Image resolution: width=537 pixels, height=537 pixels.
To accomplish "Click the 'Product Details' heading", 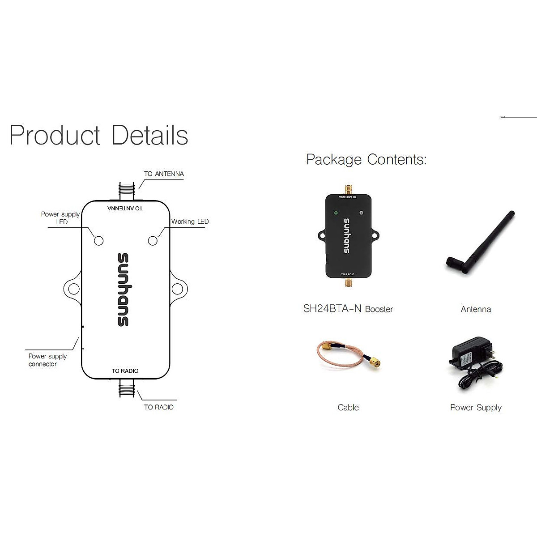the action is click(x=98, y=135).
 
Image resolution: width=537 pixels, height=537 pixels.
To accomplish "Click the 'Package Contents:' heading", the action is click(x=366, y=159).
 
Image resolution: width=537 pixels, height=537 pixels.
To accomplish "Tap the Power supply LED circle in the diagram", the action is click(x=98, y=241).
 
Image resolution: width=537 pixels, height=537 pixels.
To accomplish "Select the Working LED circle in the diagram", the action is click(x=153, y=241).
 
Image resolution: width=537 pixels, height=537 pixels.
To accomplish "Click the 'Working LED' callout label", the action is click(x=190, y=222).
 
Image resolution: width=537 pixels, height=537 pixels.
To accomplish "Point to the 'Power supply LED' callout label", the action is click(x=60, y=218).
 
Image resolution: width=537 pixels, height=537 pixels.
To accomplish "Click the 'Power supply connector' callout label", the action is click(x=47, y=360).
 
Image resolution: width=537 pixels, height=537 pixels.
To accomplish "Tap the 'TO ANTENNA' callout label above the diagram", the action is click(x=164, y=174).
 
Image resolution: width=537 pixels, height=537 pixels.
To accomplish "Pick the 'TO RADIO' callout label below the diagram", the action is click(x=158, y=407).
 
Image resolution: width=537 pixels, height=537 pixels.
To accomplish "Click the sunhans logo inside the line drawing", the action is click(x=123, y=290).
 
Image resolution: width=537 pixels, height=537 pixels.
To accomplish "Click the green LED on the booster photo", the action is click(x=335, y=213).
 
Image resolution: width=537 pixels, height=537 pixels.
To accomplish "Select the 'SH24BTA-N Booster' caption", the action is click(x=348, y=309).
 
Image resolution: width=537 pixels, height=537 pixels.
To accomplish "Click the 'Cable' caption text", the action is click(x=348, y=407).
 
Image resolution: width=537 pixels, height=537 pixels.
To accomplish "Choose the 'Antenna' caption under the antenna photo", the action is click(x=476, y=309).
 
